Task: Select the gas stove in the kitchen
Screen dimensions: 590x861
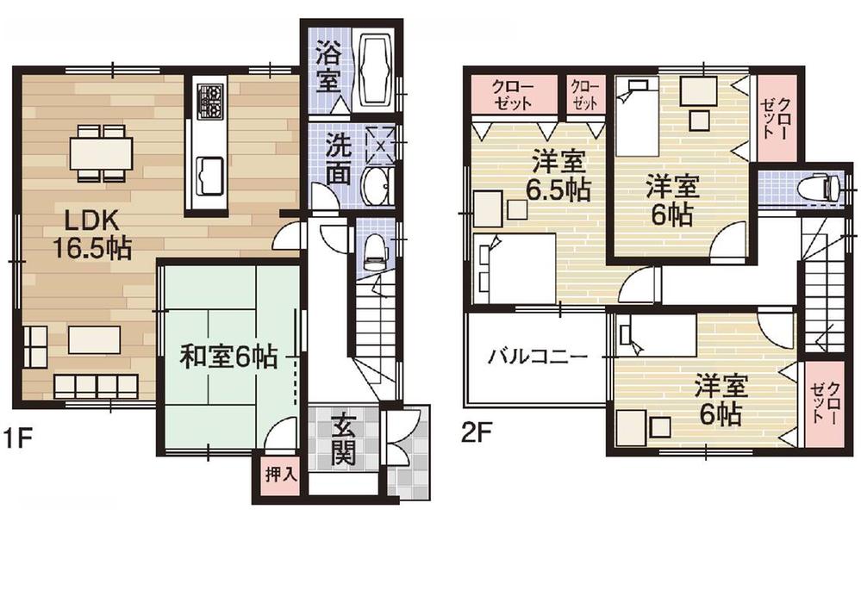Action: pos(210,101)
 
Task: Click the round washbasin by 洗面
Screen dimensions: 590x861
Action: pos(376,184)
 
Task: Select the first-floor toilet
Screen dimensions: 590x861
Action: pos(373,251)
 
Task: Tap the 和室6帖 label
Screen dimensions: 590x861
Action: pos(228,357)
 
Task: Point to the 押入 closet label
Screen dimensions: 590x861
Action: pos(275,473)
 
